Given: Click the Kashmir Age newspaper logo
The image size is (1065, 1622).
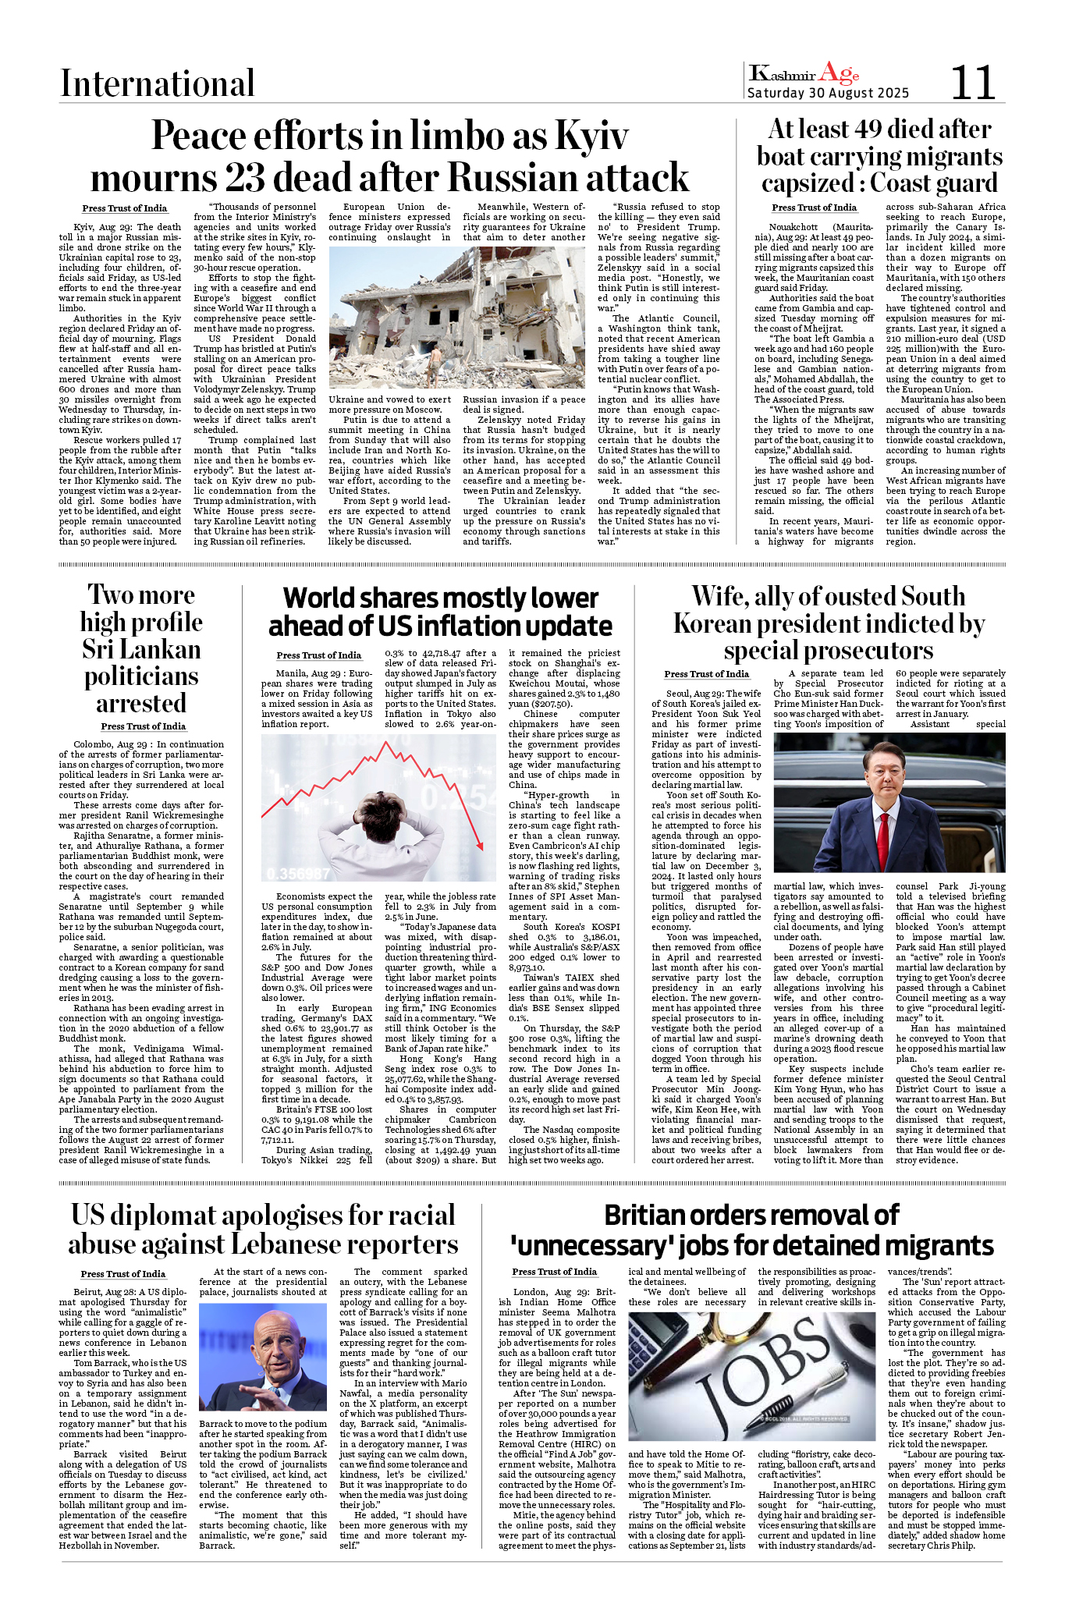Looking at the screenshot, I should (804, 74).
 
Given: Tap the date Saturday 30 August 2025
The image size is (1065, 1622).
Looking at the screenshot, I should (828, 94).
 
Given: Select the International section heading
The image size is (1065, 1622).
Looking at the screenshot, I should (158, 83).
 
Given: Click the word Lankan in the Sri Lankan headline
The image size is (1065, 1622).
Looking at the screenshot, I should (141, 649).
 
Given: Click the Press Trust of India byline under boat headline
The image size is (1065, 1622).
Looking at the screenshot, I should (814, 208).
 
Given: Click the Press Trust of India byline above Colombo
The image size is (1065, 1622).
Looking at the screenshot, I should (143, 726).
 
